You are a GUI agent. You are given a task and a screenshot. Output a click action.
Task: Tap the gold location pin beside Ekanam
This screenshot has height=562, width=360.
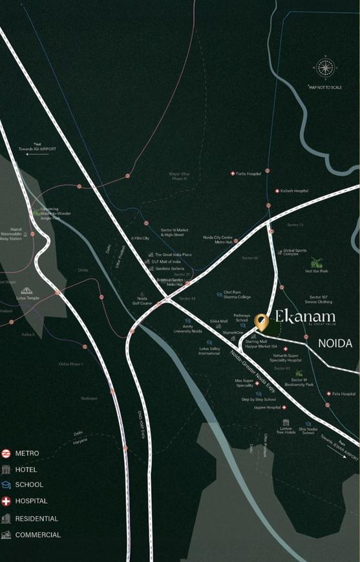coord(260,321)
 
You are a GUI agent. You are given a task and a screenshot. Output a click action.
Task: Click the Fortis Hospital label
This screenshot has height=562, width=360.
coord(249,174)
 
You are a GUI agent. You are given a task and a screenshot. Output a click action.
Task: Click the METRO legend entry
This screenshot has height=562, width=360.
coord(27,453)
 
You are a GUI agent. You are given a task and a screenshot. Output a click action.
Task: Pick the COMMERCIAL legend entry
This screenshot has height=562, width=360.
coord(37,535)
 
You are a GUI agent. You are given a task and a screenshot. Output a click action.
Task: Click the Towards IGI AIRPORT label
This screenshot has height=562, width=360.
coord(37,149)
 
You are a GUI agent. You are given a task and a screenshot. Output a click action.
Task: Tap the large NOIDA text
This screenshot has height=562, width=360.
coord(335,344)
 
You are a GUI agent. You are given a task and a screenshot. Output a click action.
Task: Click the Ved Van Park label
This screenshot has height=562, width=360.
coord(316,271)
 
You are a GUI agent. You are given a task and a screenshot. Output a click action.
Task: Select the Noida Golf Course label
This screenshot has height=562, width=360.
coord(142,301)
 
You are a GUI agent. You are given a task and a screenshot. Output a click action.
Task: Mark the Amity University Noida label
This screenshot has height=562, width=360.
coord(187,328)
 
